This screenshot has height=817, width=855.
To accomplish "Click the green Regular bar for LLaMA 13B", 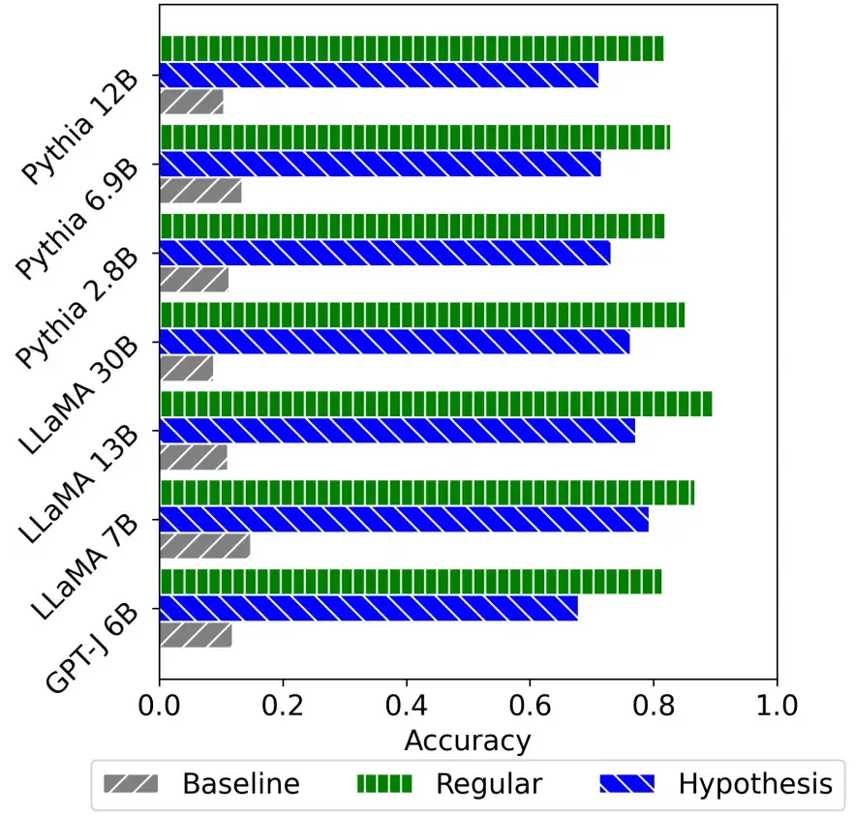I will [436, 404].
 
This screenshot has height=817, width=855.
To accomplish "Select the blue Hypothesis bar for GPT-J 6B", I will [369, 608].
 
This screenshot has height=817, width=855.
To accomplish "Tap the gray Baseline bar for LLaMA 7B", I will [205, 546].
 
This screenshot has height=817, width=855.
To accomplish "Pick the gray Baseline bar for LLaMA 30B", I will [187, 368].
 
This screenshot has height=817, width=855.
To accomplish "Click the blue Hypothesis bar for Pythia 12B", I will [379, 75].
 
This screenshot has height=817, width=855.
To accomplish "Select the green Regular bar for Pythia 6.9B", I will [414, 137].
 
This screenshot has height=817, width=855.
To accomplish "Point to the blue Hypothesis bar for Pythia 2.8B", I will [385, 253].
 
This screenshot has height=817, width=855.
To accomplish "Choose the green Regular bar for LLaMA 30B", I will [422, 315].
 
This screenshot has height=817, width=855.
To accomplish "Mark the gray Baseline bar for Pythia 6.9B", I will [200, 191].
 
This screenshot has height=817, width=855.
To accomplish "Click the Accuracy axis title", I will [468, 741].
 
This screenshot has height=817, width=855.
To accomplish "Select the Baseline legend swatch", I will [134, 783].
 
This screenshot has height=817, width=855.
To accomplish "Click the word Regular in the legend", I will [489, 783].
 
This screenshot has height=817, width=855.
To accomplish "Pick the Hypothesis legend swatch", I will [629, 783].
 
